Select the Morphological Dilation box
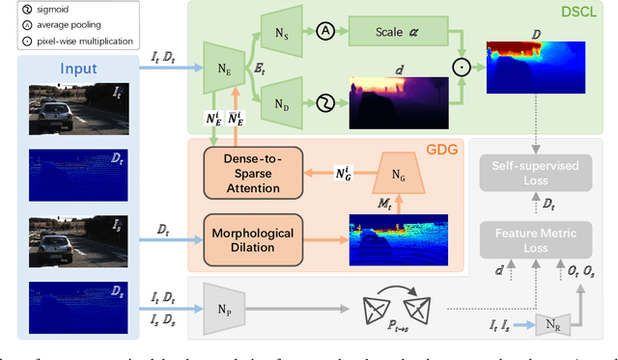(x=253, y=237)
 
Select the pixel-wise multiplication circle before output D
(x=461, y=69)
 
